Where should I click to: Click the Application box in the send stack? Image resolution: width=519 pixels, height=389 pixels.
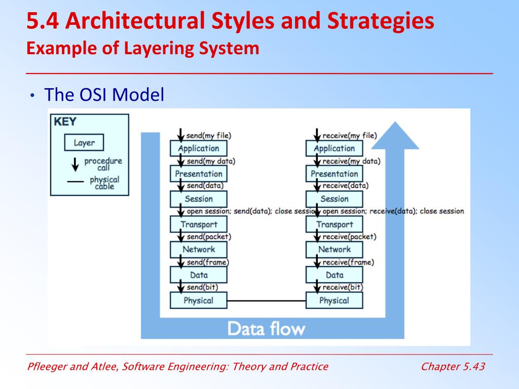point(198,148)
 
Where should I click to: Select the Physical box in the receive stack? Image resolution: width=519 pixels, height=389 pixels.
point(334,300)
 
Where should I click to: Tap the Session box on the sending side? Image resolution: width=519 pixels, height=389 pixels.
point(198,199)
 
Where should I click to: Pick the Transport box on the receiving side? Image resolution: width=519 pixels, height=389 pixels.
point(334,224)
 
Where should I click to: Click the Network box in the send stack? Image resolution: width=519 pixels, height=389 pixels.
point(198,249)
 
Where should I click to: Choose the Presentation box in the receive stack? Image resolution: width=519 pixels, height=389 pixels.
point(334,174)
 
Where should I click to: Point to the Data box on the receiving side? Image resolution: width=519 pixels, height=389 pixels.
point(334,275)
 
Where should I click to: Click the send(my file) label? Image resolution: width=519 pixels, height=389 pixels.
point(209,136)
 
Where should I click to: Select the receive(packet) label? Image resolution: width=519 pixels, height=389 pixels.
point(349,237)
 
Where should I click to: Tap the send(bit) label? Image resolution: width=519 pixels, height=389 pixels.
point(202,287)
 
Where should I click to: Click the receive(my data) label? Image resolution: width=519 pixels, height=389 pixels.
point(351,161)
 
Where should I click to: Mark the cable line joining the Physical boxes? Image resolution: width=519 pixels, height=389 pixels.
point(266,301)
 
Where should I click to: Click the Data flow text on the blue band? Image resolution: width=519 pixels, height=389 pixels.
point(266,329)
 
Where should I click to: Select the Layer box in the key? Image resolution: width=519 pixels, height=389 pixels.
point(84,143)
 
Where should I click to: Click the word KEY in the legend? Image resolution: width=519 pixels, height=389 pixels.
point(65,122)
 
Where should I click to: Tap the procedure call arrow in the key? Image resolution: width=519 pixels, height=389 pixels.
point(75,164)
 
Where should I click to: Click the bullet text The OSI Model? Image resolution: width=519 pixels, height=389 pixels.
point(104,95)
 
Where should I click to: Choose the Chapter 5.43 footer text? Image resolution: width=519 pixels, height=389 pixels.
point(453,367)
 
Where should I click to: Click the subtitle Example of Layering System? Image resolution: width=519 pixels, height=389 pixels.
point(143,49)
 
